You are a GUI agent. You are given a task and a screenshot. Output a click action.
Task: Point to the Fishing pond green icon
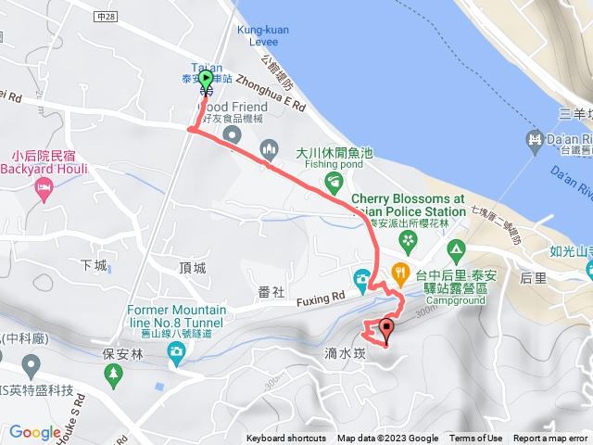click(334, 178)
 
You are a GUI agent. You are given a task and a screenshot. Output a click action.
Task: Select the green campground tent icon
click(455, 250)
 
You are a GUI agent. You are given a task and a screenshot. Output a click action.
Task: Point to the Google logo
click(35, 431)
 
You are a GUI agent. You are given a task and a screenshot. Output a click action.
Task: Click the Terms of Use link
click(476, 439)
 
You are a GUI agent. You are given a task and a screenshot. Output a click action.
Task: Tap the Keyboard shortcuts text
click(287, 439)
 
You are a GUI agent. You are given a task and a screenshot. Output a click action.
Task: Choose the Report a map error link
click(550, 439)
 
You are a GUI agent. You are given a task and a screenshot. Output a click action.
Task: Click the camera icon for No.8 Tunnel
click(176, 352)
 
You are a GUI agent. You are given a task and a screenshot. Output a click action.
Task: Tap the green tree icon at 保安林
click(114, 375)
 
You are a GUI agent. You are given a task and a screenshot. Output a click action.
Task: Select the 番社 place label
click(271, 292)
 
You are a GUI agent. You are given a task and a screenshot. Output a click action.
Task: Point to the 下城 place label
click(94, 265)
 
